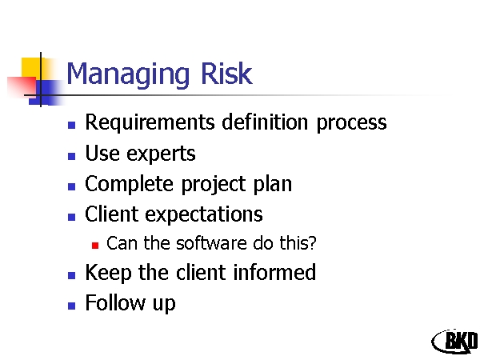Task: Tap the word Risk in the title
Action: [226, 73]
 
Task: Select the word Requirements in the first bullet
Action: [150, 123]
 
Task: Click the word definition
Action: [265, 122]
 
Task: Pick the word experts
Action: [161, 154]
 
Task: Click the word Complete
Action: [129, 184]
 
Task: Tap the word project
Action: [214, 184]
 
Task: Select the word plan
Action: [273, 184]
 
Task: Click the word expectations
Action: [203, 214]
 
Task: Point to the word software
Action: [211, 243]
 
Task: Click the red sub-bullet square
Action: [95, 246]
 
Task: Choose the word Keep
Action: [108, 273]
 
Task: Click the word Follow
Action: [115, 302]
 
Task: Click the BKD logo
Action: [455, 341]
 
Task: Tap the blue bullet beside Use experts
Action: [72, 156]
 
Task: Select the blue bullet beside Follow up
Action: [72, 306]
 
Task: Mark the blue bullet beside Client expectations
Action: [72, 217]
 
